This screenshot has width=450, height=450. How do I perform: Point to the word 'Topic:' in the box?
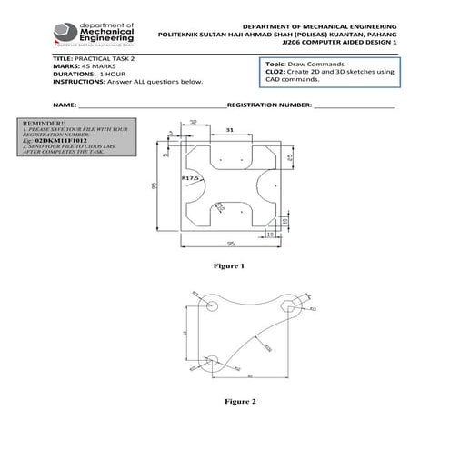coord(275,65)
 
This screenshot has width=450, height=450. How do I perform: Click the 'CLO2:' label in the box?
coord(275,73)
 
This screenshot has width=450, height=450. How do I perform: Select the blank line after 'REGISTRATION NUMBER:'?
coord(355,105)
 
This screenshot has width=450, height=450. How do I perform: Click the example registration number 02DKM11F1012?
coord(60,143)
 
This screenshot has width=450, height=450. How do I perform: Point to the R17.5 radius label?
coord(190,178)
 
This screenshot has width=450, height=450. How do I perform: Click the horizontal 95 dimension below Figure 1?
coord(231,244)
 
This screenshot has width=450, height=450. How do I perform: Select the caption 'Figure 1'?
coord(229,266)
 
